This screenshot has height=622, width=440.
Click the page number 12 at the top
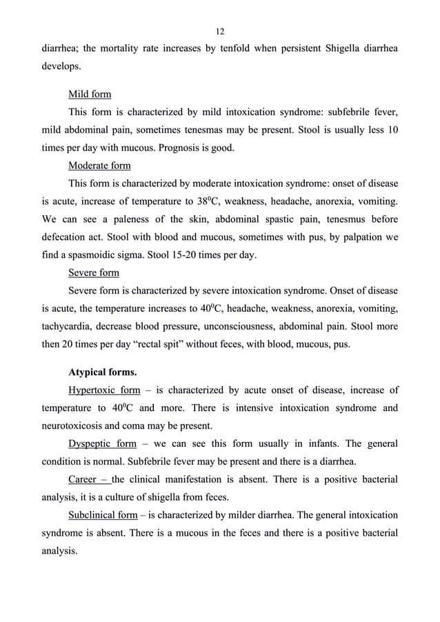tap(220, 31)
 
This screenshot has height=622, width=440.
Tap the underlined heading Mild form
tap(90, 94)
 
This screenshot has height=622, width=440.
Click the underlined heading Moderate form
tap(99, 165)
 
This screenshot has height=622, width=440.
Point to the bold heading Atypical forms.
tap(102, 373)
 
